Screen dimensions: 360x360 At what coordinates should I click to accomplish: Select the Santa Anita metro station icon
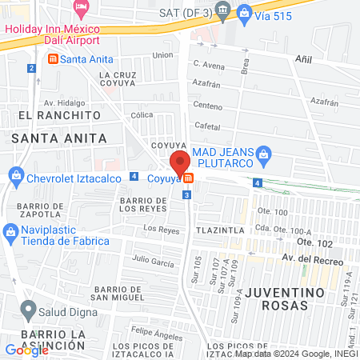(x=54, y=59)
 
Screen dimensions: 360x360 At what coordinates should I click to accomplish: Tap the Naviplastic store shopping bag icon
(x=10, y=234)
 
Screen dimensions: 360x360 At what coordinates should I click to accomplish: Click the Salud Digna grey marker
(x=29, y=308)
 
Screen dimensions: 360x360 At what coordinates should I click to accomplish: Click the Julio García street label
(x=153, y=259)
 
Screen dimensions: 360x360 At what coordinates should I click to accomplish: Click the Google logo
(x=26, y=350)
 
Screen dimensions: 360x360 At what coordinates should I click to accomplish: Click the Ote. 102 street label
(x=314, y=242)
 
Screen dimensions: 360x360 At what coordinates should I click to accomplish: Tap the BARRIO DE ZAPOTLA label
(x=38, y=210)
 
